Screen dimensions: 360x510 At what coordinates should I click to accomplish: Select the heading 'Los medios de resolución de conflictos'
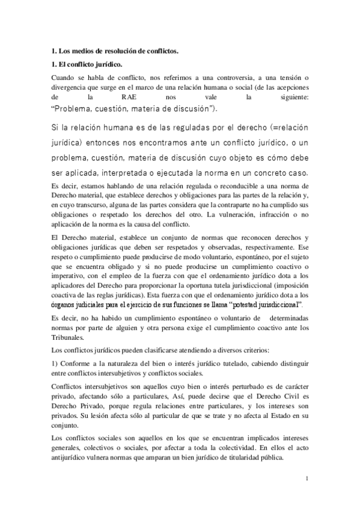[115, 52]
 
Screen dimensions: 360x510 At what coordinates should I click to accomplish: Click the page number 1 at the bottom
[307, 479]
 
